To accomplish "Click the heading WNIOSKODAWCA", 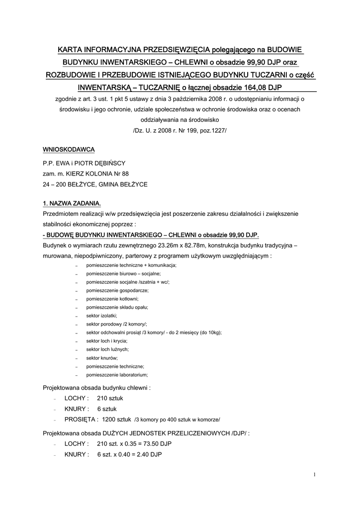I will tap(69, 149).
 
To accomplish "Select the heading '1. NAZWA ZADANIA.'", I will tap(72, 203).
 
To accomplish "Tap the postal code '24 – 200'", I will tap(56, 184).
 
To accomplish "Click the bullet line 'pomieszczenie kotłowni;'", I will tap(112, 299).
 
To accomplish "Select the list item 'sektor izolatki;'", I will tap(101, 316).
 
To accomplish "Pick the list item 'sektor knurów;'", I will tap(101, 358).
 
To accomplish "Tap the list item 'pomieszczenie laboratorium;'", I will tap(117, 375).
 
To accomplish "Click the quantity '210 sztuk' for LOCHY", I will tap(110, 398).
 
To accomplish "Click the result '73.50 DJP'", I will tap(157, 443).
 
